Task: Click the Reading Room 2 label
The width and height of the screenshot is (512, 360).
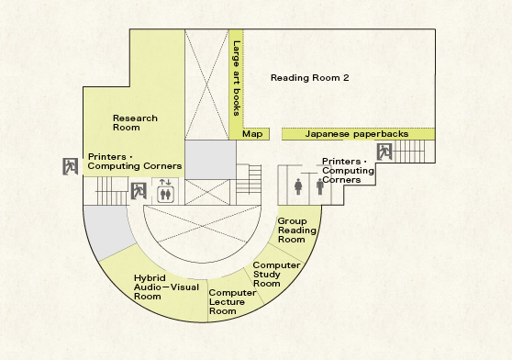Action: tap(309, 78)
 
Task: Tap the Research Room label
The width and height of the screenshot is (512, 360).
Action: tap(135, 122)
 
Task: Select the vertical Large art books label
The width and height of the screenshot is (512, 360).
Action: tap(237, 78)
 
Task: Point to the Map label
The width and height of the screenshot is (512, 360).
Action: tap(252, 134)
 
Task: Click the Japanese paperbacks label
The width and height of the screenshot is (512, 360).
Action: tap(357, 134)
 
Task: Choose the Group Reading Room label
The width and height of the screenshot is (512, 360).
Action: tap(296, 231)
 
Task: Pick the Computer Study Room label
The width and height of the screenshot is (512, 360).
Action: tap(276, 275)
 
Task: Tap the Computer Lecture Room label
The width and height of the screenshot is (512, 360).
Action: tap(232, 302)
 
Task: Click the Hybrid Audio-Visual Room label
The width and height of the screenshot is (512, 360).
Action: tap(166, 287)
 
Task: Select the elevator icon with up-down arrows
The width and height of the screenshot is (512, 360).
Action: tap(165, 191)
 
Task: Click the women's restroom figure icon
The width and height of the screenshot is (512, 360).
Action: tap(298, 186)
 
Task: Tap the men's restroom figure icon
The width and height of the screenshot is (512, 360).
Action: tap(320, 186)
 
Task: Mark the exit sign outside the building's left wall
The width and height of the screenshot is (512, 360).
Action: tap(71, 166)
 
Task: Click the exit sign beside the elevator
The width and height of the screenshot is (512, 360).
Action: tap(139, 191)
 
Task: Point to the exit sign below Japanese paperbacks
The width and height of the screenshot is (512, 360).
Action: tap(384, 152)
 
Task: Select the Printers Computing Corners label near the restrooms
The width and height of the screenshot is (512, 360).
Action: tap(348, 171)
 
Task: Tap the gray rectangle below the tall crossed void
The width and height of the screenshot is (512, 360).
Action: tap(210, 160)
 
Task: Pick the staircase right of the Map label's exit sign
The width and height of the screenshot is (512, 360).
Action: tap(409, 152)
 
